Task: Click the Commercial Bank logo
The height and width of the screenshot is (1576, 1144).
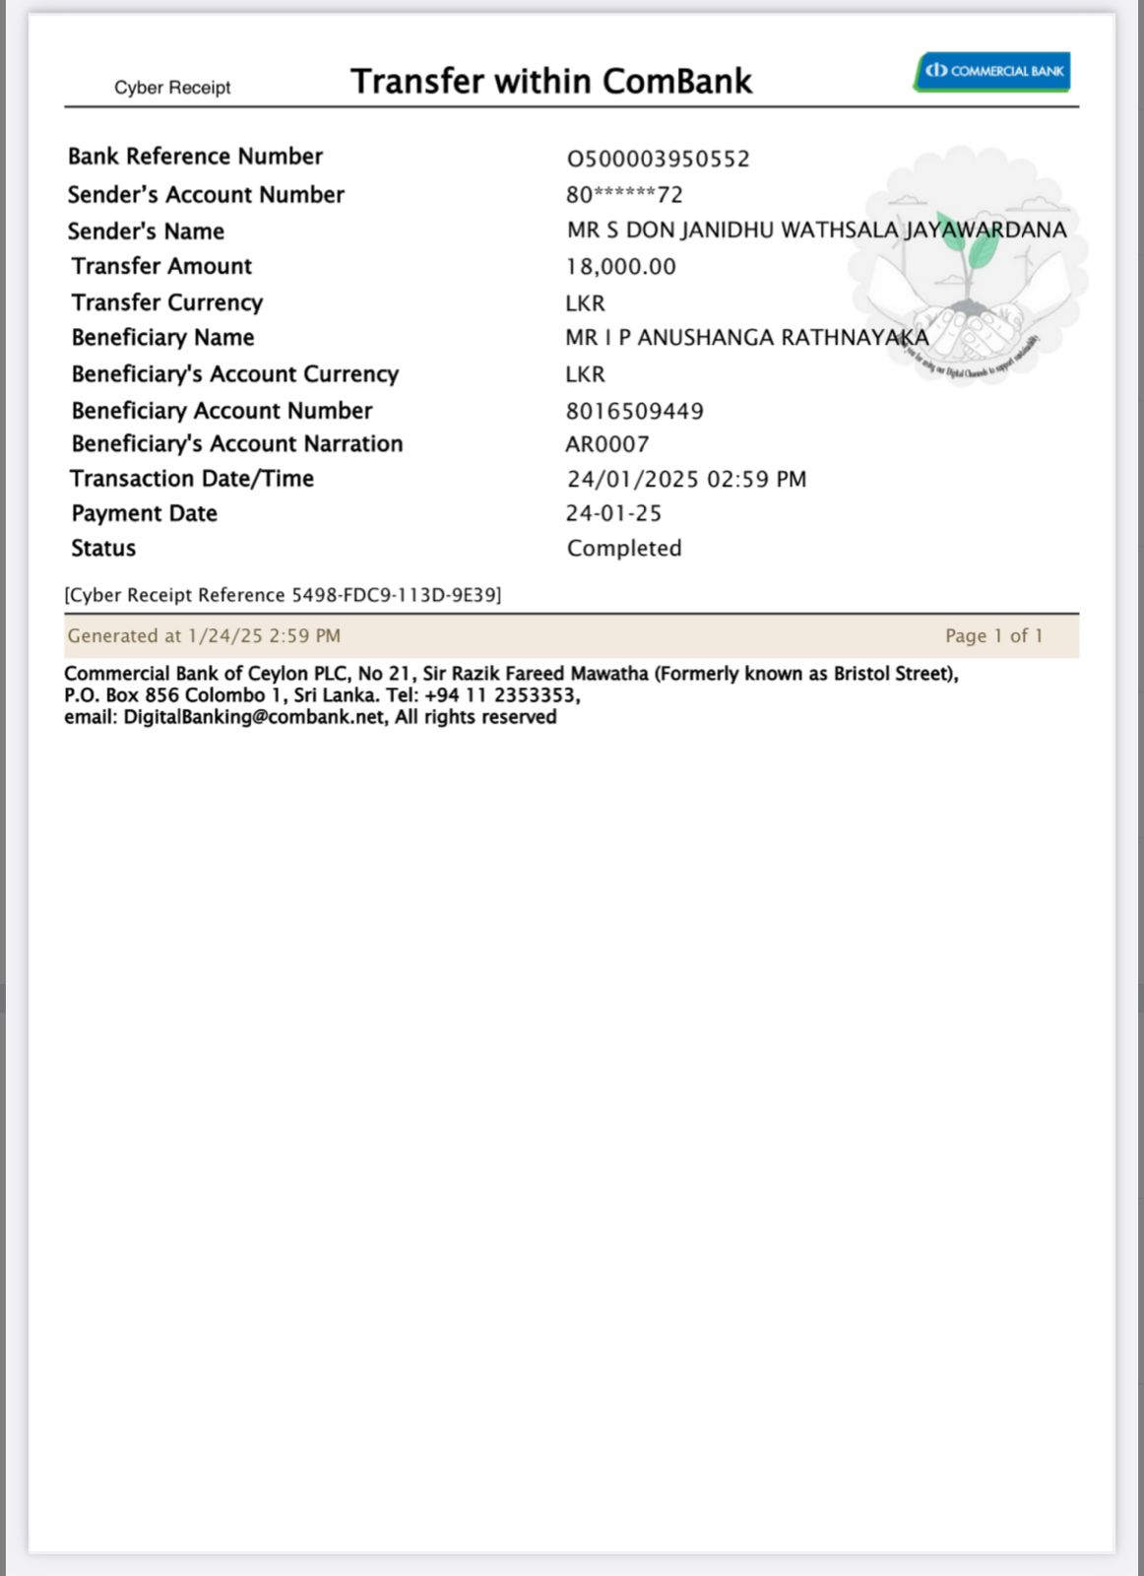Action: click(991, 71)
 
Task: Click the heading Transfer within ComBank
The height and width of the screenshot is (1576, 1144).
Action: click(551, 81)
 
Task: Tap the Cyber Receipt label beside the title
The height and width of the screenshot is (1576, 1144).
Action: click(172, 88)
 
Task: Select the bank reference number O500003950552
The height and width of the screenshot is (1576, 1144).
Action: click(658, 159)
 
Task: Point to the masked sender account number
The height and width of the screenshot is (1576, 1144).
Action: click(624, 195)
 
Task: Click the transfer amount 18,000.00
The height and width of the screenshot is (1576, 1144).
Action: click(620, 267)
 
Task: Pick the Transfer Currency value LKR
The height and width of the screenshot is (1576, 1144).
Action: click(585, 303)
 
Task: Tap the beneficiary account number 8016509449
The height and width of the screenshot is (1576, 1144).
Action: click(634, 411)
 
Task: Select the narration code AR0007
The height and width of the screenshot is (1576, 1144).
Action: click(606, 444)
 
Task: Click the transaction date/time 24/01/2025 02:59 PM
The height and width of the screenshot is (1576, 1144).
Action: click(686, 480)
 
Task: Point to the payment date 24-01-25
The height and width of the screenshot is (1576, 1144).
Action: click(613, 513)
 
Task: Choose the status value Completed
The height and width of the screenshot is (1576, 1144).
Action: click(624, 549)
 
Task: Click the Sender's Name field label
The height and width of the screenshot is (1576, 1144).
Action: click(146, 231)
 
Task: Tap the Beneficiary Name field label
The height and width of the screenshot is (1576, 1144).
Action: click(162, 338)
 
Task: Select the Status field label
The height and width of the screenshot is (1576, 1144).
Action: click(103, 549)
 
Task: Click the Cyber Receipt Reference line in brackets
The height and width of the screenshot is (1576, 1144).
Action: click(283, 595)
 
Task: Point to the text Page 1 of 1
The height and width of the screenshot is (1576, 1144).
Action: click(993, 636)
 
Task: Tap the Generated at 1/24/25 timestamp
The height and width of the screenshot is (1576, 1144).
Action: click(204, 636)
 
